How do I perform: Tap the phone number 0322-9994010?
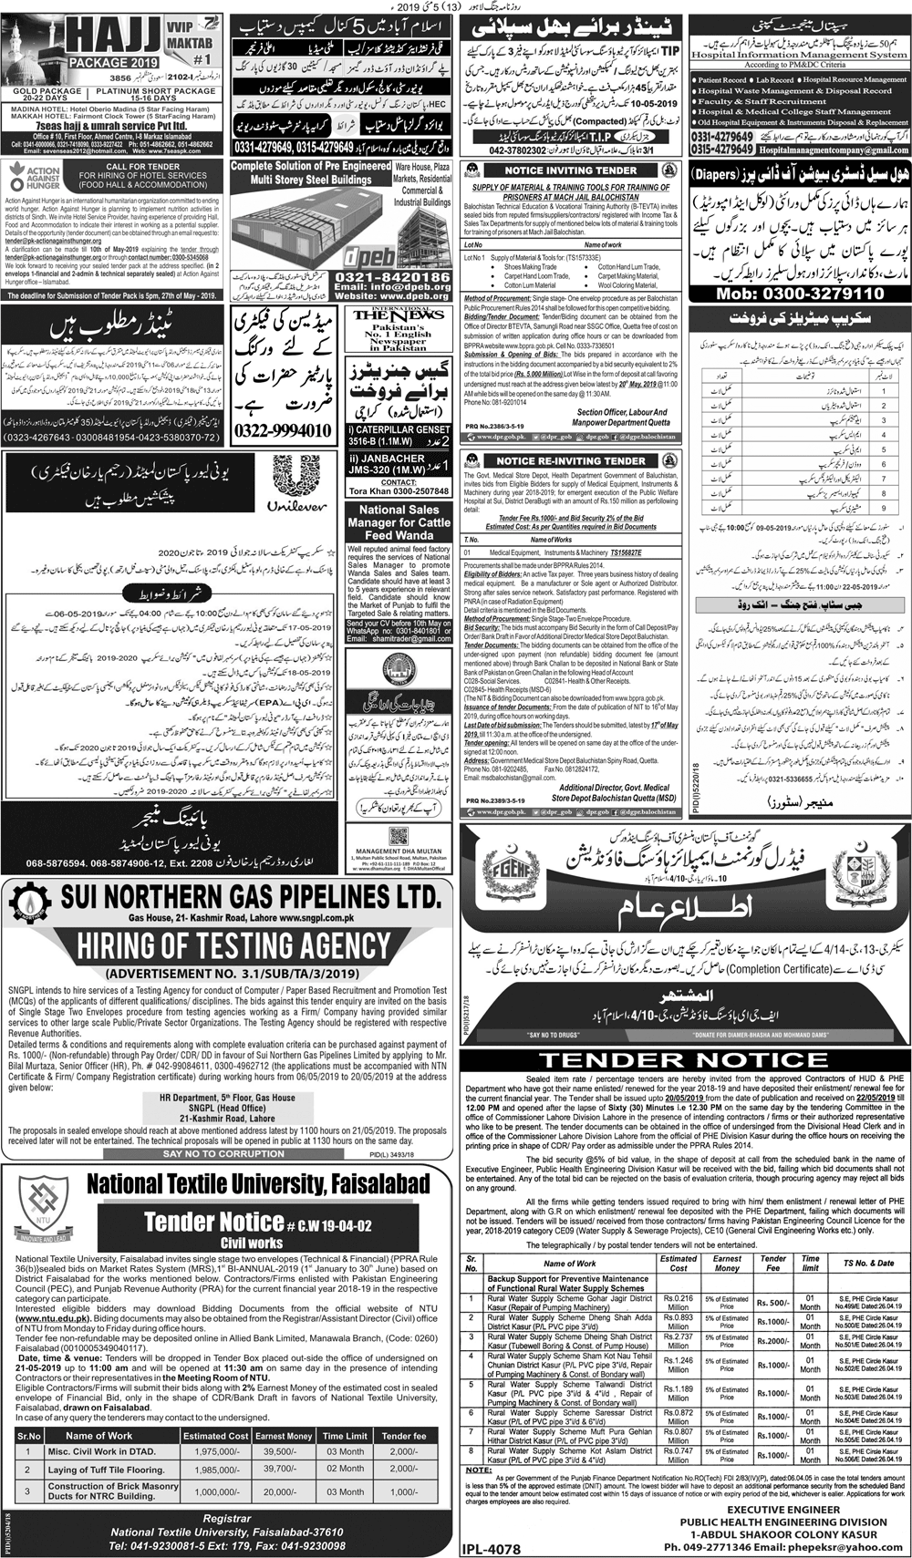pyautogui.click(x=283, y=429)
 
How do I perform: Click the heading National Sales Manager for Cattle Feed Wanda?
pyautogui.click(x=399, y=522)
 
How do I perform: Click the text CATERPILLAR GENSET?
pyautogui.click(x=399, y=428)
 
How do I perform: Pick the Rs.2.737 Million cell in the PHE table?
pyautogui.click(x=678, y=1339)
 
